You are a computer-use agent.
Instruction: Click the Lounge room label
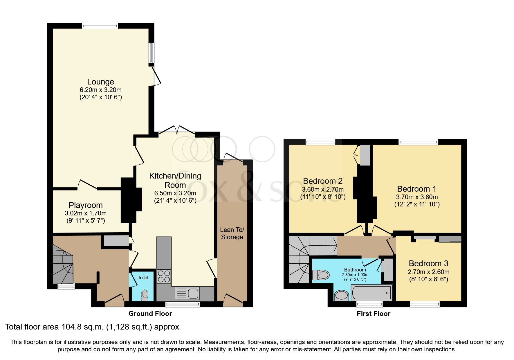[100, 82]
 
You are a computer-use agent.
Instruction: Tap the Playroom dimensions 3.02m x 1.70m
[86, 213]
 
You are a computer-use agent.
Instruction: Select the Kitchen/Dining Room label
[175, 180]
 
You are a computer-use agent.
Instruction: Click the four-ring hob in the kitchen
[164, 276]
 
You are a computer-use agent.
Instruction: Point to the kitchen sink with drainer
[187, 294]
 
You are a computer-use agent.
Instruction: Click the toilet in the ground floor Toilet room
[145, 295]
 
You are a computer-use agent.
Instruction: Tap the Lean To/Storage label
[232, 233]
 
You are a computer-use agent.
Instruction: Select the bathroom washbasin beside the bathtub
[341, 296]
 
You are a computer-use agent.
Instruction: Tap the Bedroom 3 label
[428, 264]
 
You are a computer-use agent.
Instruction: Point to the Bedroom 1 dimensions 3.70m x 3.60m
[417, 197]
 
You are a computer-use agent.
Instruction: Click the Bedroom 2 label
[323, 181]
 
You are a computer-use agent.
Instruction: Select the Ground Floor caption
[150, 314]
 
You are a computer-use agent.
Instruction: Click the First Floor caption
[373, 314]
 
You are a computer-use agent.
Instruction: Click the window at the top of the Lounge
[100, 26]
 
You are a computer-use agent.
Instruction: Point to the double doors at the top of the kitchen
[177, 129]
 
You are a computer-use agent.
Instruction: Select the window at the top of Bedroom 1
[418, 142]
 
